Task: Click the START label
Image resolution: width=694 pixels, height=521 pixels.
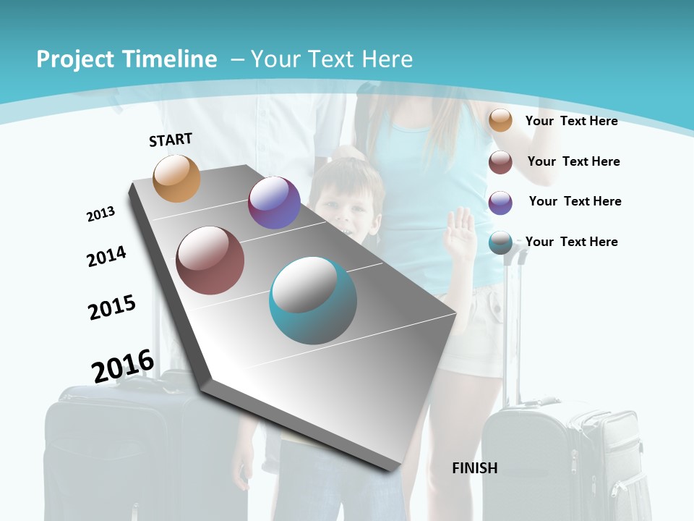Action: coord(171,140)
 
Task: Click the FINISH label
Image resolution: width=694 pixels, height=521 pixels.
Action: coord(475,468)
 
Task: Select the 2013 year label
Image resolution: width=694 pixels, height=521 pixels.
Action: coord(100,214)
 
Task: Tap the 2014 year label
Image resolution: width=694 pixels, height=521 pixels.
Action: coord(106,256)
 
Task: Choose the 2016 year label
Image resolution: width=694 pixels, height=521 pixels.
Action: coord(123,366)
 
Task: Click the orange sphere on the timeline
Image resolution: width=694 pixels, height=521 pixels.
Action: coord(176,178)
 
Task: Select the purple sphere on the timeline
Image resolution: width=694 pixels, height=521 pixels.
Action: coord(274,203)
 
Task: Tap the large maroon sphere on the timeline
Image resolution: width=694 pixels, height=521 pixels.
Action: coord(210,260)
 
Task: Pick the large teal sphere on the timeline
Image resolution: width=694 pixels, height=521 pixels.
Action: coord(313,301)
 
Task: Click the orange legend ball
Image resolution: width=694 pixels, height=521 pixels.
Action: coord(500,120)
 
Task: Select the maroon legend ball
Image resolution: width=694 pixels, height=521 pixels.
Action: coord(500,161)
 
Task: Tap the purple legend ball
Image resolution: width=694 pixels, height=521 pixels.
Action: coord(500,202)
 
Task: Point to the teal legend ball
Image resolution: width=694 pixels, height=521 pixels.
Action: coord(500,242)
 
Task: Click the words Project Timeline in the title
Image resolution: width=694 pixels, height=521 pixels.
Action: coord(127,59)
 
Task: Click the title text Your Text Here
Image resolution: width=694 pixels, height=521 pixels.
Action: coord(331,59)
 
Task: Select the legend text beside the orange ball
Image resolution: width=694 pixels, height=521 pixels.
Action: coord(571,121)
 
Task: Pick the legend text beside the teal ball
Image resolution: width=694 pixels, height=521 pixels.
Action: coord(571,242)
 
